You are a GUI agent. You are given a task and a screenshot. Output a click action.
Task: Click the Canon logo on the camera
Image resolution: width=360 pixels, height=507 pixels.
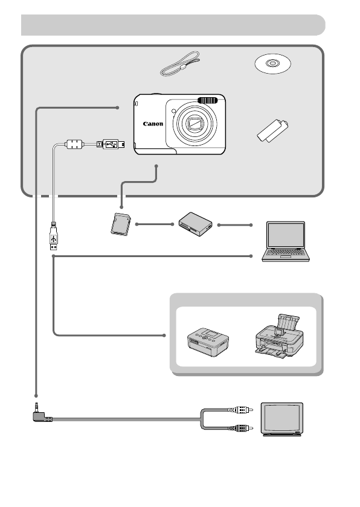pyautogui.click(x=153, y=124)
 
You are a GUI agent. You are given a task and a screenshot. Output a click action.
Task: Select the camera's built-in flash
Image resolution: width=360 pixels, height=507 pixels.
pyautogui.click(x=207, y=100)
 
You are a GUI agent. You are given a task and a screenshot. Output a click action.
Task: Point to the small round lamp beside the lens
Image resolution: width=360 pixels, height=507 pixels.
pyautogui.click(x=173, y=111)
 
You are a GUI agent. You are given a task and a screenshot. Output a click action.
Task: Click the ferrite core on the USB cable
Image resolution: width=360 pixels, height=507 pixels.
pyautogui.click(x=74, y=145)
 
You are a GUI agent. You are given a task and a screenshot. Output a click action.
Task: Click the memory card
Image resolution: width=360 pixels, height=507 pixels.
pyautogui.click(x=121, y=223)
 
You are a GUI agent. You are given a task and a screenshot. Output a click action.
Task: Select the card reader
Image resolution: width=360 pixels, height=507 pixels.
pyautogui.click(x=194, y=223)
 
